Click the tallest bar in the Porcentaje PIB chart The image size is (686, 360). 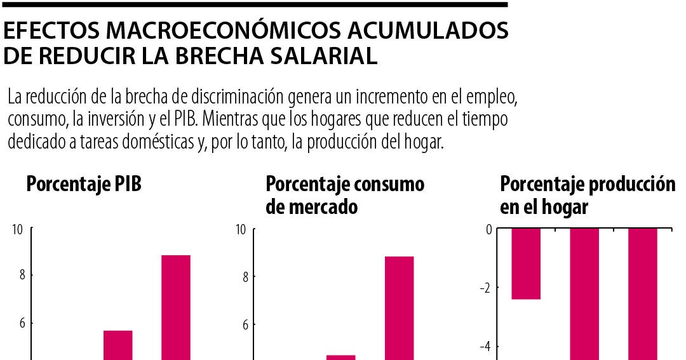[x=176, y=307]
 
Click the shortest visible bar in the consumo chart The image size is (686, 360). [x=341, y=357]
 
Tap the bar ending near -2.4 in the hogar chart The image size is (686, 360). [x=526, y=263]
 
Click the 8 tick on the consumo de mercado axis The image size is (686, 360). [x=243, y=277]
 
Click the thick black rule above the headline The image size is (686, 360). [x=254, y=4]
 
